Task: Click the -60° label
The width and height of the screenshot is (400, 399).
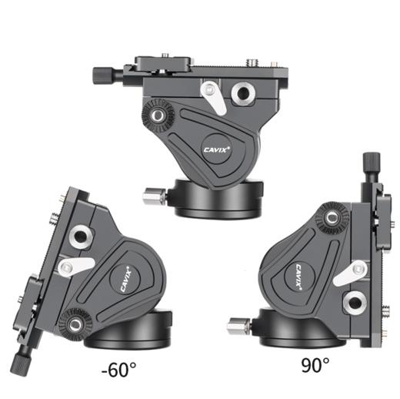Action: (x=118, y=369)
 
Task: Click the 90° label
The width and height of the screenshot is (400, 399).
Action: (x=315, y=365)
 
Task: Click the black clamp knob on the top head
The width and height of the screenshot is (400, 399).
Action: (x=103, y=75)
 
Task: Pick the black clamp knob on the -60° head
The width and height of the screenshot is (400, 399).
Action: (x=21, y=365)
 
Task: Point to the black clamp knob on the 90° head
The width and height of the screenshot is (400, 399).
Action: (x=371, y=162)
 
